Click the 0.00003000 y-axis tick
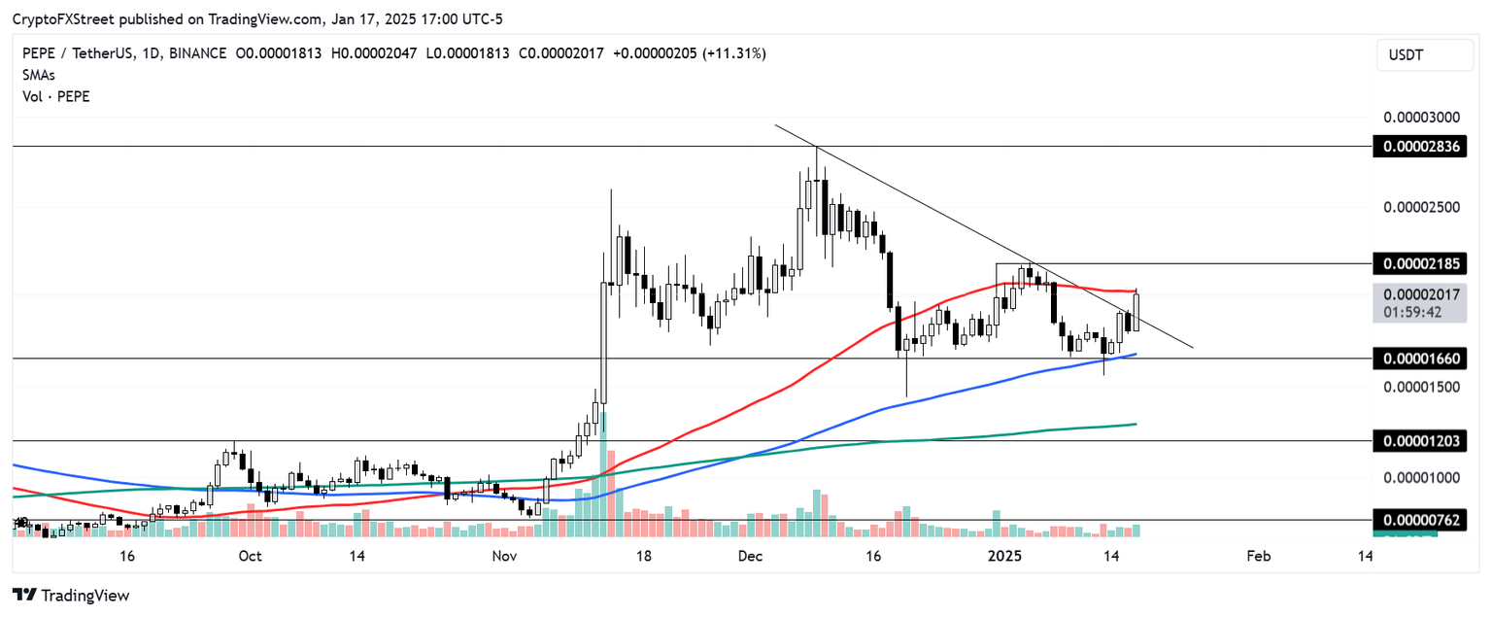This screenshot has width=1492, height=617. coord(1421,117)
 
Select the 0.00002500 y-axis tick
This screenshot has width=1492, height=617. coord(1421,207)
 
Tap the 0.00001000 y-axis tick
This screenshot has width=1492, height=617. coord(1421,477)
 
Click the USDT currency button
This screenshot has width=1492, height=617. coord(1424,55)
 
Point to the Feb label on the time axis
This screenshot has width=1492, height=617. coord(1258,556)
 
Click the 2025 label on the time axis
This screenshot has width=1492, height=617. coord(1005,556)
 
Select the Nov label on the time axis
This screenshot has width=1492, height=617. coord(504,556)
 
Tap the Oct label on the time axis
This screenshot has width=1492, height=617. coord(250,556)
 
